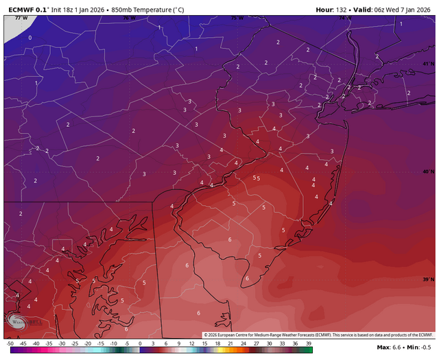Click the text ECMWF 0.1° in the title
tap(27, 10)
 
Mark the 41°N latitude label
tap(428, 64)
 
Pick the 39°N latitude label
tap(428, 280)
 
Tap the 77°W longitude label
tap(20, 18)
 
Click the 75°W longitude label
tap(237, 18)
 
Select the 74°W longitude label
tap(345, 18)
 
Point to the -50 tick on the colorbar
tap(10, 342)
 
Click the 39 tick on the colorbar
tap(309, 342)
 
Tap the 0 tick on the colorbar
tap(140, 342)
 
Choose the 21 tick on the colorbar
tap(231, 342)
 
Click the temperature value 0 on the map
tap(29, 38)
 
